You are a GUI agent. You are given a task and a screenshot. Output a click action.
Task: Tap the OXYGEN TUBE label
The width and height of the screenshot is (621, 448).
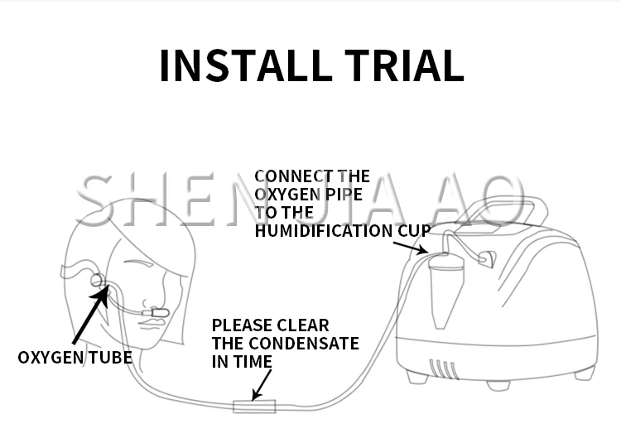coord(75,358)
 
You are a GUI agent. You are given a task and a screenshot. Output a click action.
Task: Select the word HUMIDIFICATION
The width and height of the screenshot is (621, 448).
coord(324,231)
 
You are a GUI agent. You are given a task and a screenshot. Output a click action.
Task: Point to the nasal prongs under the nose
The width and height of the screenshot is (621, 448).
coord(156,313)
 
